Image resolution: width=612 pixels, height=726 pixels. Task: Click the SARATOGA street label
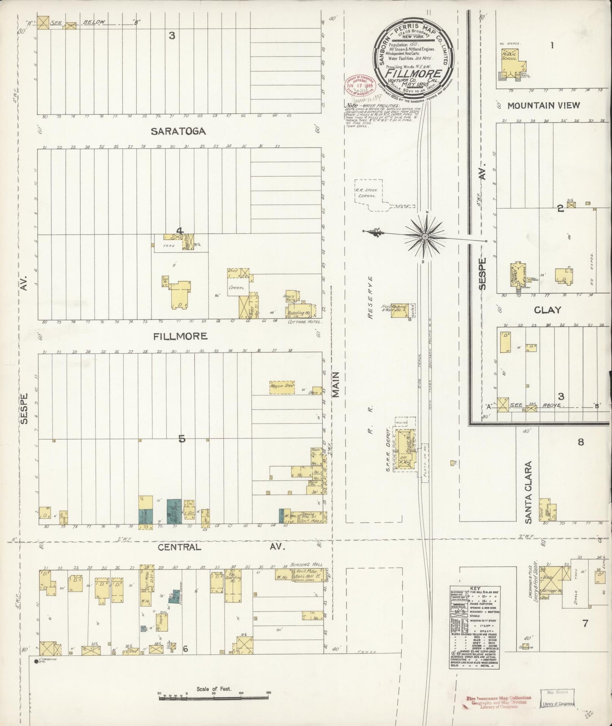[x=178, y=131]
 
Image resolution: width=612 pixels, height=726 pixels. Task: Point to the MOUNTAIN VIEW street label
[x=543, y=105]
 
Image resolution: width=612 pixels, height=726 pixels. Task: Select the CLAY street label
[x=547, y=310]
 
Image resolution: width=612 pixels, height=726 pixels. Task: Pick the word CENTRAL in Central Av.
[x=179, y=547]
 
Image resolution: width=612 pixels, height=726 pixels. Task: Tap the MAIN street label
[x=336, y=385]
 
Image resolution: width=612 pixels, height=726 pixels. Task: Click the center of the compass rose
[x=424, y=236]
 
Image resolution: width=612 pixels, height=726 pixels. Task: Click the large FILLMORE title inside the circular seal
[x=413, y=73]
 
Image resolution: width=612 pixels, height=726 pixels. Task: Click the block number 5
[x=182, y=439]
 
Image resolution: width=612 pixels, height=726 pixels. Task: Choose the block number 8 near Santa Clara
[x=581, y=442]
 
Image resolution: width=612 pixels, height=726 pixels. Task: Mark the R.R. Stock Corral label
[x=366, y=193]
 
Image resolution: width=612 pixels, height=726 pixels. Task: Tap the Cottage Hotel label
[x=305, y=321]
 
